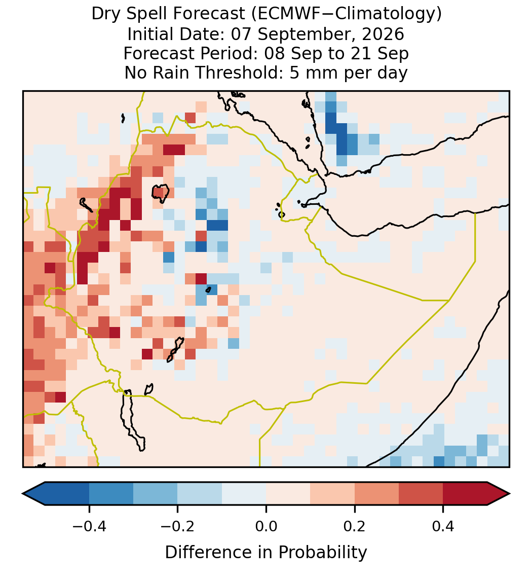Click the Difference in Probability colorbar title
click(x=266, y=553)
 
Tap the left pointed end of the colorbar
click(x=23, y=494)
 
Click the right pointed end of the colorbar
click(x=509, y=494)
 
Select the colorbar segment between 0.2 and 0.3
click(x=377, y=494)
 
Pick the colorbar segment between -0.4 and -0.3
click(x=111, y=494)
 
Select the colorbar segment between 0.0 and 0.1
click(x=288, y=494)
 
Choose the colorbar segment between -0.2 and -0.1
click(x=200, y=494)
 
